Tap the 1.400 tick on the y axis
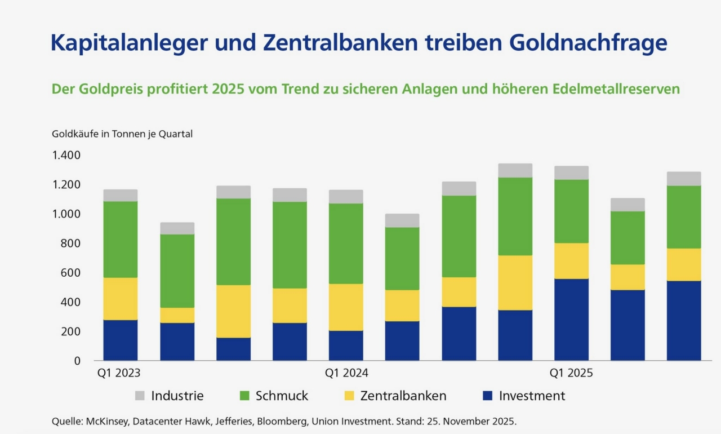[66, 155]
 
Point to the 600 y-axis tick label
[71, 273]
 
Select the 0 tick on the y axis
[77, 361]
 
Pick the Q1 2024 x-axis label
[346, 373]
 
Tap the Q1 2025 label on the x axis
[572, 373]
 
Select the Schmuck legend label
[282, 396]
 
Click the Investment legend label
[532, 396]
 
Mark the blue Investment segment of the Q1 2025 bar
[572, 320]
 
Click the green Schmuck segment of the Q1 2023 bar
[121, 240]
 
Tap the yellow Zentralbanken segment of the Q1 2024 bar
[346, 307]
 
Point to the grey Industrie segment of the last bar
[684, 179]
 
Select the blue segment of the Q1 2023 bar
[121, 340]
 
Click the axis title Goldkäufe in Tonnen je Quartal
[122, 134]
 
